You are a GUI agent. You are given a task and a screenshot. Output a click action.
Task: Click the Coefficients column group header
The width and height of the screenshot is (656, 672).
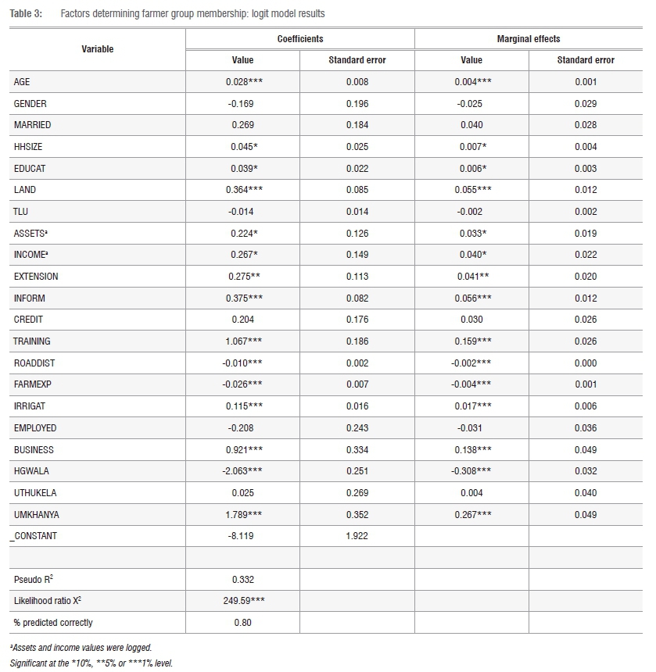299,38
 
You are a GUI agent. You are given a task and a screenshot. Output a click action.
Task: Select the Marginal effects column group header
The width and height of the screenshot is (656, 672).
529,38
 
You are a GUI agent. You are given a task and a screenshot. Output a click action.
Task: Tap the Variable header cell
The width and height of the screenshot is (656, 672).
98,49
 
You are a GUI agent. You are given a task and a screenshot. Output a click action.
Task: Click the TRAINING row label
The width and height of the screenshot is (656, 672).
31,341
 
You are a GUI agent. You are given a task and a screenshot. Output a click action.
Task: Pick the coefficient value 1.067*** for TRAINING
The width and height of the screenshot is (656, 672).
242,341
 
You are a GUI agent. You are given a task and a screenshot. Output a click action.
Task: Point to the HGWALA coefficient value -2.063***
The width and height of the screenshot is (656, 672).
242,471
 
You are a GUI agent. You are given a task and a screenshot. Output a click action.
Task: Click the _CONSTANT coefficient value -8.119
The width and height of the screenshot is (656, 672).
242,536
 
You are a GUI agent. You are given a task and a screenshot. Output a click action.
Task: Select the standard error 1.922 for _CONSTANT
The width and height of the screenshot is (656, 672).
357,536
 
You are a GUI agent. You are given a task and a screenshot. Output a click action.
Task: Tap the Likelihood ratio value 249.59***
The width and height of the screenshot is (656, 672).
242,601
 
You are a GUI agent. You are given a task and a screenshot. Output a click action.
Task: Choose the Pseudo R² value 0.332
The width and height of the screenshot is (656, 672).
242,580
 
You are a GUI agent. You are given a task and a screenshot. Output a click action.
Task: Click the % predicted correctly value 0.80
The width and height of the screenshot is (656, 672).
242,623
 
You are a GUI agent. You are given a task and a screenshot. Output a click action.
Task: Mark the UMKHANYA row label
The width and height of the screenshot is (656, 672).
36,514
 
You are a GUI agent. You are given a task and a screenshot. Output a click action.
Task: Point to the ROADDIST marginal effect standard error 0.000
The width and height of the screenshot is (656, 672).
586,363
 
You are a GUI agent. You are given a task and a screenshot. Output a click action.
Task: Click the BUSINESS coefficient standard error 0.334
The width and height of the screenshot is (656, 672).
357,450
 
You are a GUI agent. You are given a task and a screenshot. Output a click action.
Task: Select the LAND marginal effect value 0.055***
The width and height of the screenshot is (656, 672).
471,190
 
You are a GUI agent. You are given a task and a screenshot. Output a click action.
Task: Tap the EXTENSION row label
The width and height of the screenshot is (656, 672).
36,277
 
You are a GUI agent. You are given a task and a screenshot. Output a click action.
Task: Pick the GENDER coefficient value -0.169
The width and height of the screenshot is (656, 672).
242,104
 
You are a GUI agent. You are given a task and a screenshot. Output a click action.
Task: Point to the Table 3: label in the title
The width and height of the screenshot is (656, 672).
27,14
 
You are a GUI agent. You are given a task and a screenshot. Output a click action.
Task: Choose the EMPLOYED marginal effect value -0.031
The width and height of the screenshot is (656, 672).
471,428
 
